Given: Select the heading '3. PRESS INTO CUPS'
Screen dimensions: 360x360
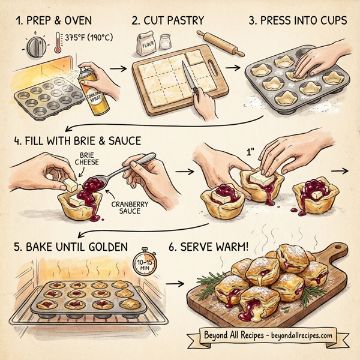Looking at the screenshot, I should pyautogui.click(x=297, y=20).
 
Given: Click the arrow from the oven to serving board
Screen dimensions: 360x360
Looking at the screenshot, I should pyautogui.click(x=174, y=282).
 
